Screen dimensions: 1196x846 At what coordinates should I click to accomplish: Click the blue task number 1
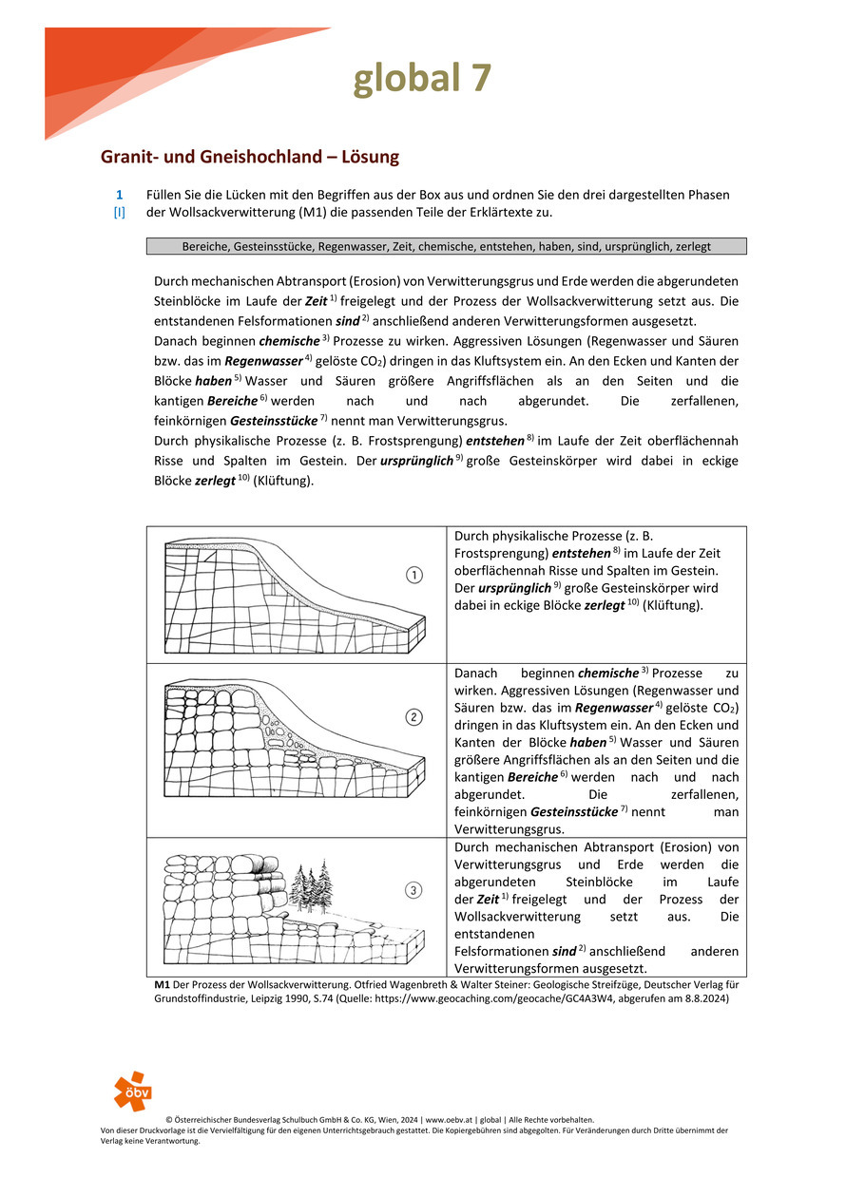coord(120,195)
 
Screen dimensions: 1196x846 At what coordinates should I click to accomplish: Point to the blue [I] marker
coord(120,212)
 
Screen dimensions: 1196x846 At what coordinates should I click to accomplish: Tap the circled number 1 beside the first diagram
coord(413,575)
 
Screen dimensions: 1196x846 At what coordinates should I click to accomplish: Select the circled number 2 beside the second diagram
coord(413,717)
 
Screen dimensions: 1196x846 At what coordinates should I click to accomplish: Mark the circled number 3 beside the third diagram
coord(413,890)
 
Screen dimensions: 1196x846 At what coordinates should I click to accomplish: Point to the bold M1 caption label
coord(162,985)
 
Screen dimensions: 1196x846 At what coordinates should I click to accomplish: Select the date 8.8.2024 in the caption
coord(704,998)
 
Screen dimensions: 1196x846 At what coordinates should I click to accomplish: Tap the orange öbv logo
coord(132,1091)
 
